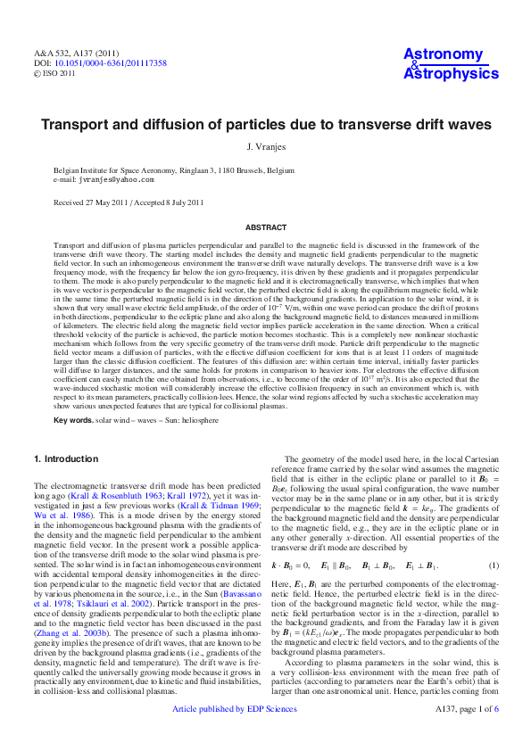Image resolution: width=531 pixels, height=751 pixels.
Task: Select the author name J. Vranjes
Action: pyautogui.click(x=265, y=146)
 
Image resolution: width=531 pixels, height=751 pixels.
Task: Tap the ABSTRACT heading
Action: pyautogui.click(x=265, y=227)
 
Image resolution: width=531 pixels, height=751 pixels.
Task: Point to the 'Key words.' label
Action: pyautogui.click(x=73, y=419)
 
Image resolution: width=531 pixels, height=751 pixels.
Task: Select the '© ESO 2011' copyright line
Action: pyautogui.click(x=54, y=75)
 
